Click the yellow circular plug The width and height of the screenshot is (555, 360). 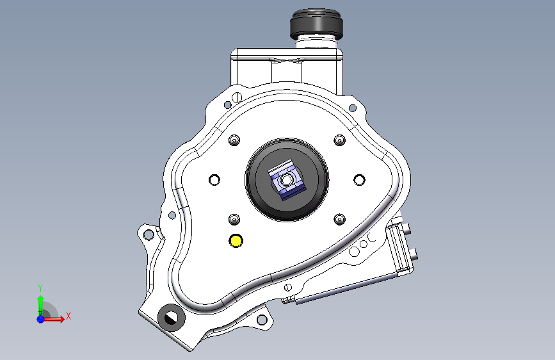pos(236,241)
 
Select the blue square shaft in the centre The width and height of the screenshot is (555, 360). pos(286,179)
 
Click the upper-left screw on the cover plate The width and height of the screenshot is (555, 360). pos(234,140)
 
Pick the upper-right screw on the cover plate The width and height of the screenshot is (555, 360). pos(339,140)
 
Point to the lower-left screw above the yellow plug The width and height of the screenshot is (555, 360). pos(234,219)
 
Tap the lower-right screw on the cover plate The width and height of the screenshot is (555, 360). pos(339,219)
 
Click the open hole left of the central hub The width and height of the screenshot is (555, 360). pos(214,180)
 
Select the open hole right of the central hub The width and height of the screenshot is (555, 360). pos(359,180)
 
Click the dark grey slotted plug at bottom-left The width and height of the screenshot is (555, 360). pos(172,318)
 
